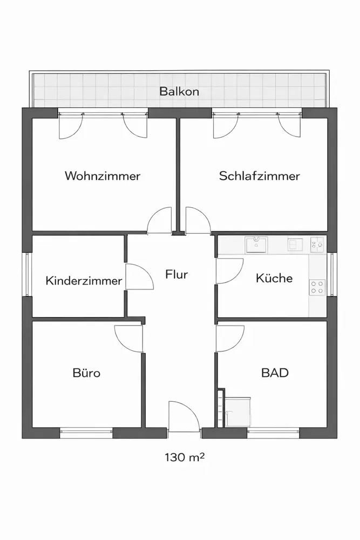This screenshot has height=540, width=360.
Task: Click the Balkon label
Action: [179, 91]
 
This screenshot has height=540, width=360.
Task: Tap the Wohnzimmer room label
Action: [103, 176]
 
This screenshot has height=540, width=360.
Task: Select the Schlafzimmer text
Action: [260, 176]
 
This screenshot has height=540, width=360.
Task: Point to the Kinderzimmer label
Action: [84, 281]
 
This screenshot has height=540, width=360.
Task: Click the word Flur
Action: [176, 274]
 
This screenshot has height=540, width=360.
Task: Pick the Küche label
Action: [274, 278]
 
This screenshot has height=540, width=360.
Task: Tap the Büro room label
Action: [86, 373]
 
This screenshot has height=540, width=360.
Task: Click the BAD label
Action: [275, 373]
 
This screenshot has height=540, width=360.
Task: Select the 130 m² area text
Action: [184, 457]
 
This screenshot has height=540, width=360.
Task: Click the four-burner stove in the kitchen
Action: [317, 287]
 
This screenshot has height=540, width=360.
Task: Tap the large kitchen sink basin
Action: [256, 245]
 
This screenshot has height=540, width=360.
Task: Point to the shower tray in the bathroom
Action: [237, 413]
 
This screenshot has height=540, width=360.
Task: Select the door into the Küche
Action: [228, 271]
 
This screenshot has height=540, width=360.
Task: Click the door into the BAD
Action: [228, 339]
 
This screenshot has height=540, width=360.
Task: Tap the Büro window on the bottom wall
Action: [86, 433]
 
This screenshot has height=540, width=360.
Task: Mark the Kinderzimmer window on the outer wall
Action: [27, 274]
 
